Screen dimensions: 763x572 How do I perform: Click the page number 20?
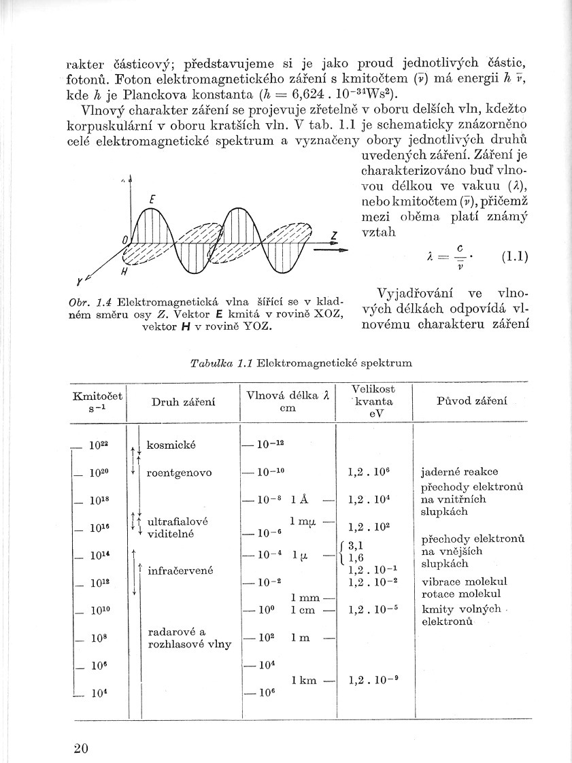click(x=80, y=748)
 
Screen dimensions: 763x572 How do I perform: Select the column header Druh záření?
click(x=183, y=402)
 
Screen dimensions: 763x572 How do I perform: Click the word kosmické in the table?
click(x=171, y=445)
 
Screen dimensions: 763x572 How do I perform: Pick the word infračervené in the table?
click(x=180, y=570)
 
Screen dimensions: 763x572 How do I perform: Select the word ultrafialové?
click(x=178, y=521)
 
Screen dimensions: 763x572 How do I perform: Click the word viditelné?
click(x=171, y=534)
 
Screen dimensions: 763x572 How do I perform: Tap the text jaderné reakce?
click(x=460, y=471)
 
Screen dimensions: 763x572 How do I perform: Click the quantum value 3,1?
click(x=356, y=545)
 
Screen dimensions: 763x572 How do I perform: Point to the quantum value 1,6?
click(x=356, y=558)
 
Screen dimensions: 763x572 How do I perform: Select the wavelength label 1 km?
click(x=305, y=679)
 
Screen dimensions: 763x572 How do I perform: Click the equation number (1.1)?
click(x=514, y=258)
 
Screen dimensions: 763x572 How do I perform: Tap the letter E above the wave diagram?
click(x=153, y=199)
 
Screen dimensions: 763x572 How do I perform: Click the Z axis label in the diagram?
click(x=335, y=236)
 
